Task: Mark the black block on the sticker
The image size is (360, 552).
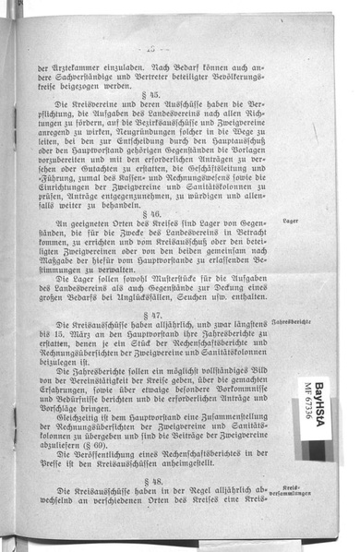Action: click(317, 450)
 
